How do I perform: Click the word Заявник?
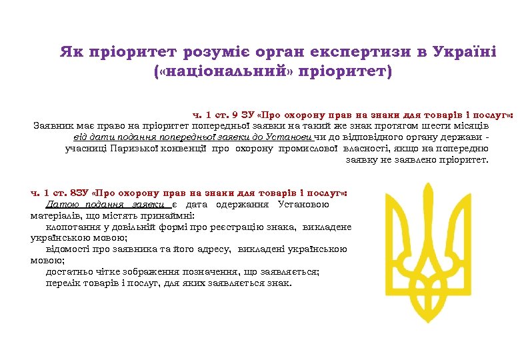[55, 125]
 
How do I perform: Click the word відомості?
[69, 249]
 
